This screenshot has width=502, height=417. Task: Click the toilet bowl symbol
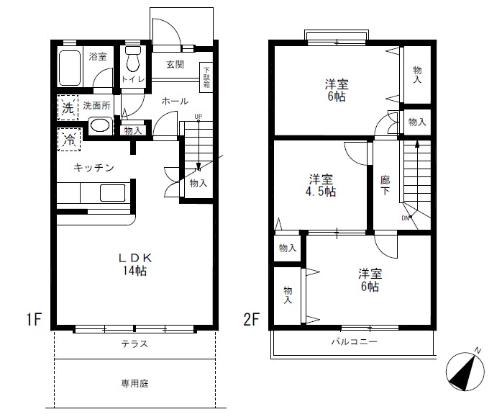tap(133, 59)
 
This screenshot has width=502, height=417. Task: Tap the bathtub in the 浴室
tap(70, 68)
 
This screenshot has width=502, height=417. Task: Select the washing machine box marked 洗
tap(68, 108)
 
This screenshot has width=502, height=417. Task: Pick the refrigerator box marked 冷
tap(69, 140)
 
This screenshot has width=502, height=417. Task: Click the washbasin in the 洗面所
tap(100, 125)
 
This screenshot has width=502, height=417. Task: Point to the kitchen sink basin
tap(113, 192)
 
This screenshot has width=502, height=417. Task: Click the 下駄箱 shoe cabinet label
tap(206, 78)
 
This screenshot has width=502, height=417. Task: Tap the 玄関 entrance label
tap(175, 64)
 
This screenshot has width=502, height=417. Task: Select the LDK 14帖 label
tap(134, 264)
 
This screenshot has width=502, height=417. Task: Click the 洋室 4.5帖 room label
tap(321, 185)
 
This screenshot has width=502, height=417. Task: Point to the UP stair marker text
tap(198, 117)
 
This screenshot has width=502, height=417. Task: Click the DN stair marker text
tap(405, 218)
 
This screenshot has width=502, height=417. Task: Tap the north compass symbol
tap(465, 370)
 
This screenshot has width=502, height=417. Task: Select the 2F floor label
tap(251, 319)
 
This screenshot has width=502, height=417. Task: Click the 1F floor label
tap(34, 319)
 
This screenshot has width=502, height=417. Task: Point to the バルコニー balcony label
tap(354, 341)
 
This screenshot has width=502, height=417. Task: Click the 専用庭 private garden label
tap(134, 383)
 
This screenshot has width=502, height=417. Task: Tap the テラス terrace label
tap(134, 344)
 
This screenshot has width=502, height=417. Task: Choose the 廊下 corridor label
tap(385, 185)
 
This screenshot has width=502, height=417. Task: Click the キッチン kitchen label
tap(93, 167)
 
